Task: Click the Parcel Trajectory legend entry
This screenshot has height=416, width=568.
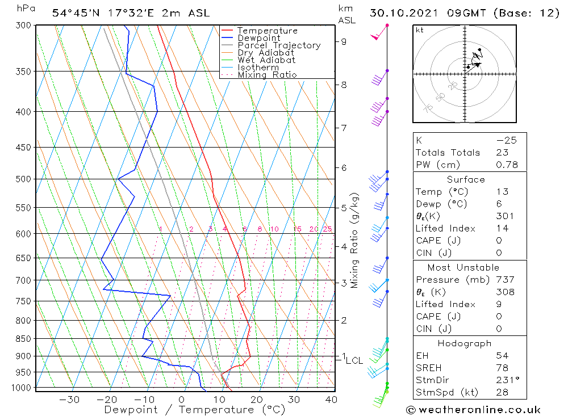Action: coord(279,45)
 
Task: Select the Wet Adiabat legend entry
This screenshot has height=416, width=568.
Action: coord(266,60)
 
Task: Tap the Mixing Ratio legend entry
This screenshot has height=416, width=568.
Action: coord(266,74)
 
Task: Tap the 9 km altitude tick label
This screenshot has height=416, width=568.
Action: coord(344,41)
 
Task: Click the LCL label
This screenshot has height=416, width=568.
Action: coord(354,360)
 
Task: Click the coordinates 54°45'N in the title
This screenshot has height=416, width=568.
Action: coord(74,13)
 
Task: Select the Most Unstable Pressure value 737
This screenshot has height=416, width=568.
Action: coord(505,280)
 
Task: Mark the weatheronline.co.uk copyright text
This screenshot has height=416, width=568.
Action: coord(473,410)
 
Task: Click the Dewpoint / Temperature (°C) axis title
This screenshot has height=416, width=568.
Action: coord(194,409)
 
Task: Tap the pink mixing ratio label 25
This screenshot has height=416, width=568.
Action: coord(327,229)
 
